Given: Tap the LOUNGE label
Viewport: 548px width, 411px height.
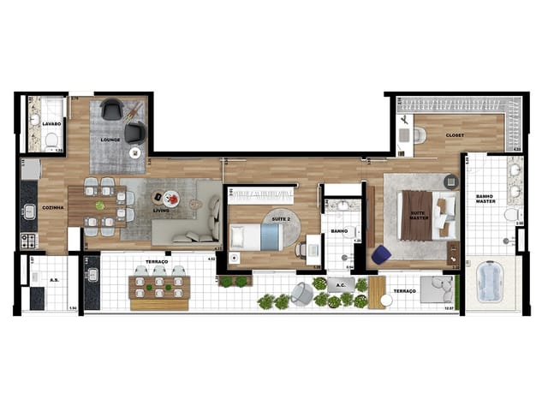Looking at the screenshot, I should pos(110,139).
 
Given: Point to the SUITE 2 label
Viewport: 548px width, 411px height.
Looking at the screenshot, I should pos(281,218).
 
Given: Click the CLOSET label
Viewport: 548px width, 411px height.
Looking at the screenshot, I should pos(454,135).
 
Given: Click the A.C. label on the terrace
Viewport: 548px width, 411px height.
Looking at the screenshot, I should pos(340,285).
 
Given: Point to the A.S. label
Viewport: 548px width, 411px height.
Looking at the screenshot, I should pos(52,279).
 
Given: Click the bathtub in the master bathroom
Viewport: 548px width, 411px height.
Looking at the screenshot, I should pos(491,280).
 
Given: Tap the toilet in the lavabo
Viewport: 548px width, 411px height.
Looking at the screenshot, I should pos(51,139).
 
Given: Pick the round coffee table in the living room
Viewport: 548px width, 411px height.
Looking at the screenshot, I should pos(171,198).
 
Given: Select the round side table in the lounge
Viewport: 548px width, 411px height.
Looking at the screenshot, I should pos(134,152).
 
